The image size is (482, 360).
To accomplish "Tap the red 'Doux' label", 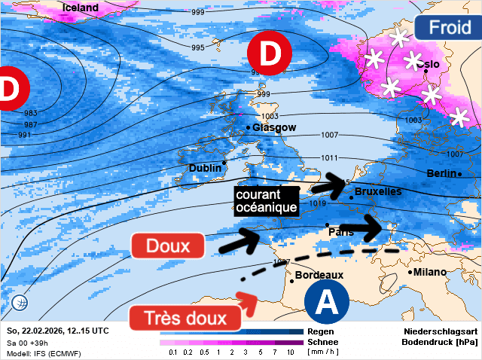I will pos(168,246).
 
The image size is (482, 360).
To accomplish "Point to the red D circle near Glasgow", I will pos(270,53).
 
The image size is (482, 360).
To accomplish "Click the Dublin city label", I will pos(205,167).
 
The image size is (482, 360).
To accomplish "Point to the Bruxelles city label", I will pos(378,192).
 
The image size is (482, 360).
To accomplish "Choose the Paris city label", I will pos(341,232).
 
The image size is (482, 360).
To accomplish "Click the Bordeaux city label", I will pos(320,276).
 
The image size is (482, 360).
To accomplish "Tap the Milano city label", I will pos(429,272).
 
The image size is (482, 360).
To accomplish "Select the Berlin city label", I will pos(441,173).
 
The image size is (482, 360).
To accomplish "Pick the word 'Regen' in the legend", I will pos(321,331).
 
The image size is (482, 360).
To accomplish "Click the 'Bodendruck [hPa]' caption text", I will pos(441,342).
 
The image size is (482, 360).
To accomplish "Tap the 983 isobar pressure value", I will pos(31,113).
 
